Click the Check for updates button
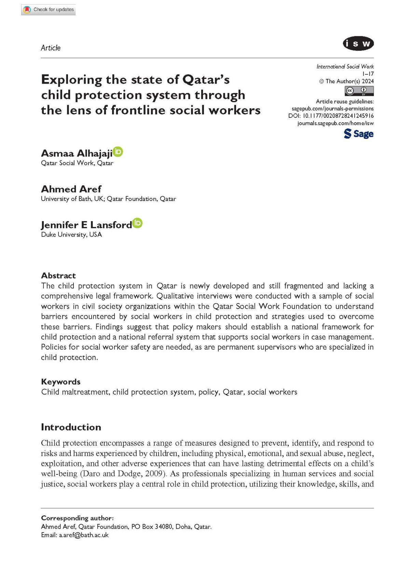coord(49,10)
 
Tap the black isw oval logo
coord(358,44)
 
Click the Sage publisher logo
coord(358,133)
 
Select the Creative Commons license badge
coord(359,91)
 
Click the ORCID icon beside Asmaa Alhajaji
coord(118,152)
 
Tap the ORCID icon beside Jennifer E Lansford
coord(137,223)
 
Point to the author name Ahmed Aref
coord(71,189)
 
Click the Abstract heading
coord(58,275)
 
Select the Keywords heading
coord(61,382)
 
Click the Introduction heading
coord(71,427)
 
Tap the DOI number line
coord(331,116)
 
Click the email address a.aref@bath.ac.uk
coord(84,535)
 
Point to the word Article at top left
coord(51,48)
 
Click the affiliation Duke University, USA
coord(71,234)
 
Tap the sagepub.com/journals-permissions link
coord(332,109)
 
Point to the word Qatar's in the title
coord(206,80)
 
